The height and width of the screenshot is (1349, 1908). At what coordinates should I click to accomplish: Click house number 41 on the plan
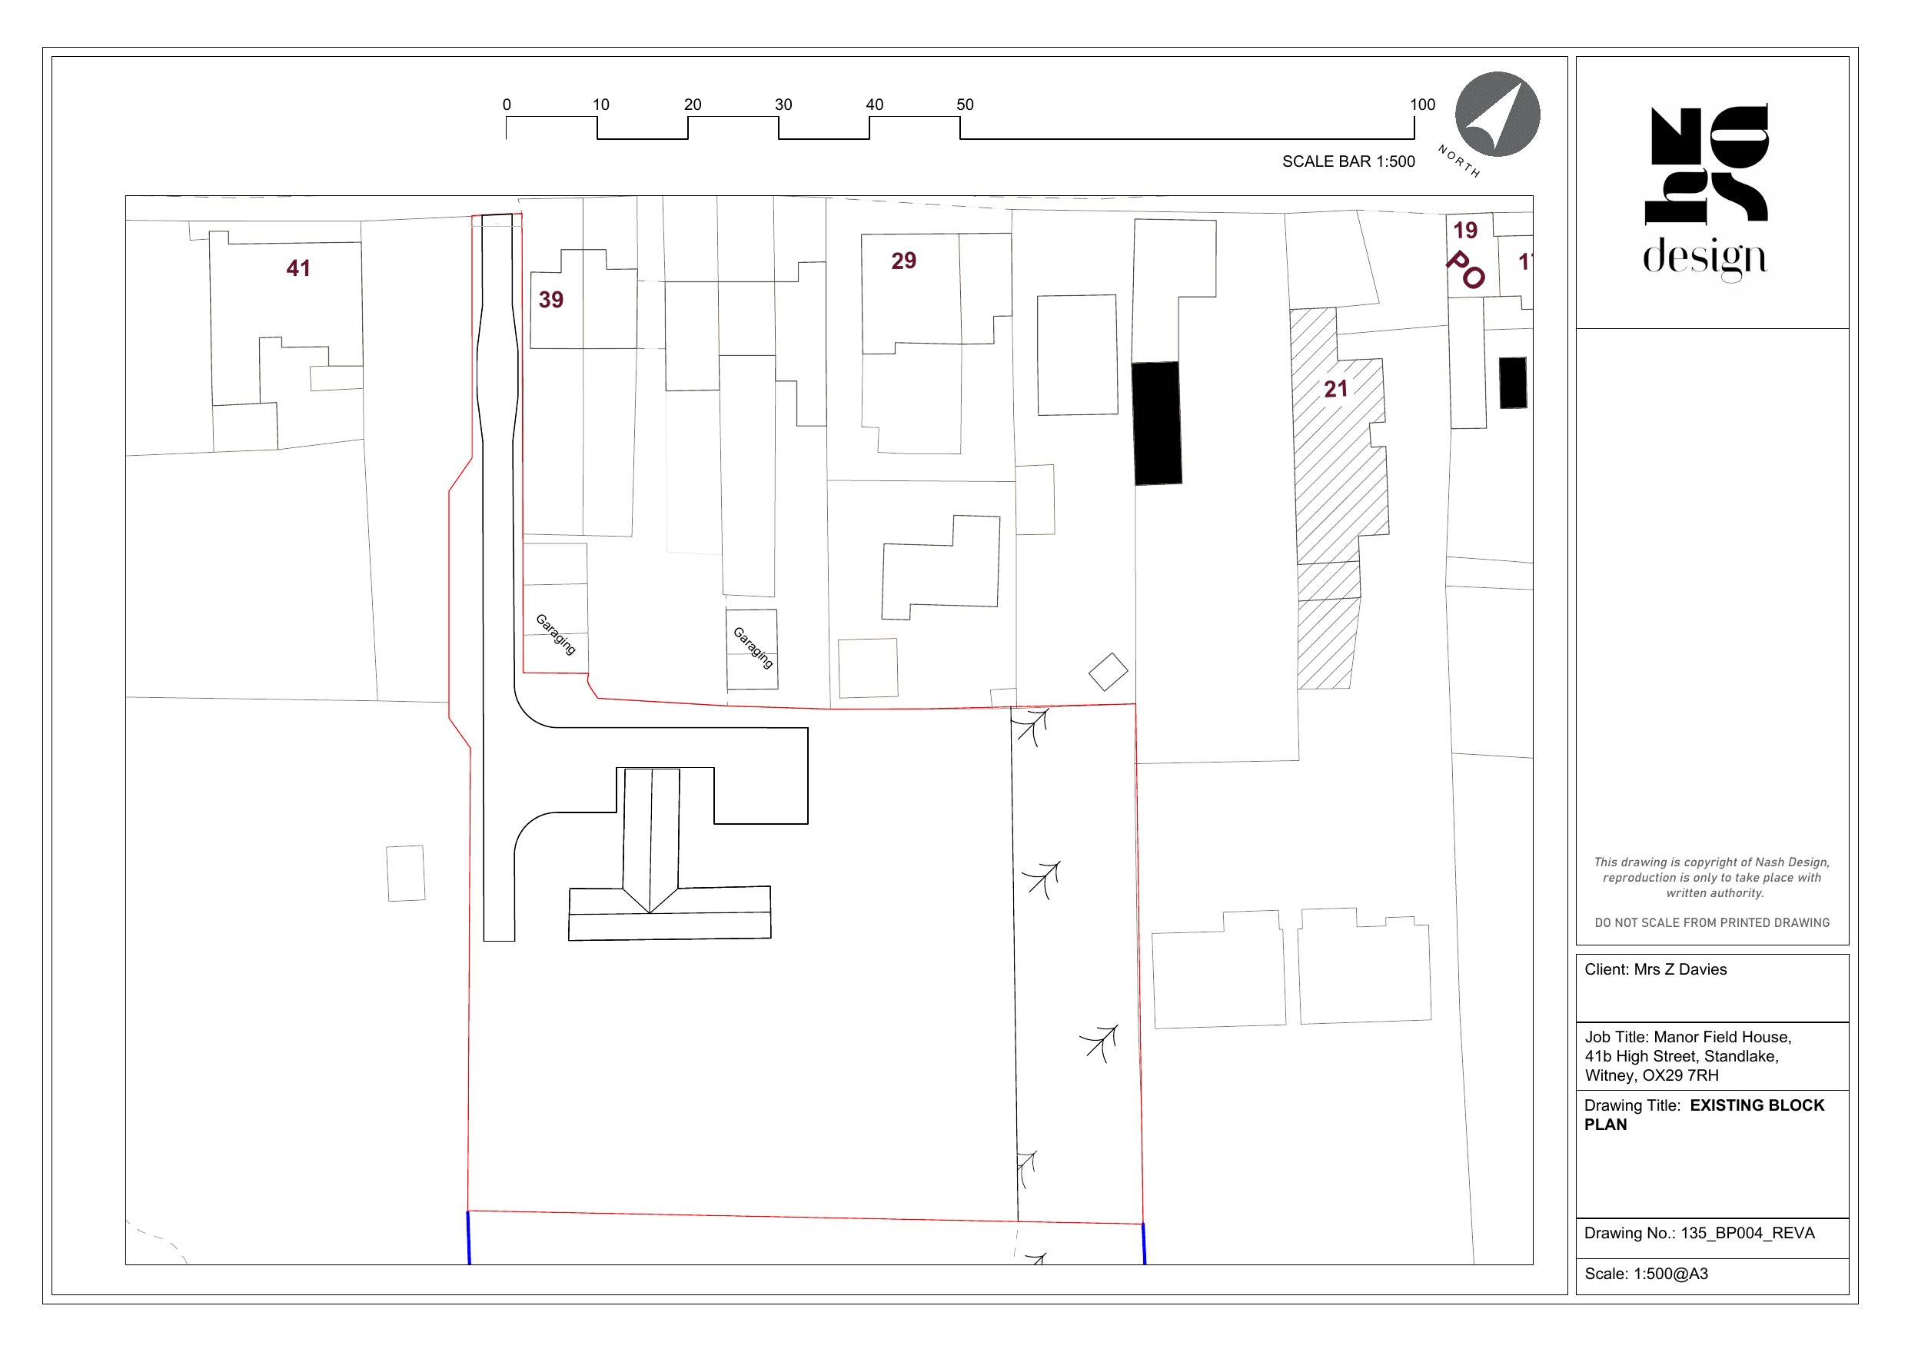point(298,268)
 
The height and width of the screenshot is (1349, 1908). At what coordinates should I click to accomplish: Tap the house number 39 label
point(551,300)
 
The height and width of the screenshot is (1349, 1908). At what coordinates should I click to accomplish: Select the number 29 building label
point(903,261)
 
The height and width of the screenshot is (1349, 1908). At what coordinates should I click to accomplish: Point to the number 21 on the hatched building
point(1335,389)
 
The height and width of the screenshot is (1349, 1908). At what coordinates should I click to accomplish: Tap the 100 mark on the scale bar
point(1422,105)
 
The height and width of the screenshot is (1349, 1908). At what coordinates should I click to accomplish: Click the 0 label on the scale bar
point(507,105)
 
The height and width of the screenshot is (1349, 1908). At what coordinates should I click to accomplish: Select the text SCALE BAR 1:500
point(1348,161)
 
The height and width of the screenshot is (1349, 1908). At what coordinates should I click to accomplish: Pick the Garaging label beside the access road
point(555,634)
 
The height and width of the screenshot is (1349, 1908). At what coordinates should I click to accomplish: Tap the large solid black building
point(1158,423)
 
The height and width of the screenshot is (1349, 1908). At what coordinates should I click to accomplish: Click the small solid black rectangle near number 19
point(1512,383)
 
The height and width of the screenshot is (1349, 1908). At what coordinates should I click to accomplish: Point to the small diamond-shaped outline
point(1108,672)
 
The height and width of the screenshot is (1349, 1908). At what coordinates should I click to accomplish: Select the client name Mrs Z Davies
point(1680,970)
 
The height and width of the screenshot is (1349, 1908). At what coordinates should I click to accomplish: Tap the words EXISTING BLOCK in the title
point(1757,1105)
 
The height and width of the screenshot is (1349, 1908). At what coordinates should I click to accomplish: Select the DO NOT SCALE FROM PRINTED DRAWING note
point(1712,922)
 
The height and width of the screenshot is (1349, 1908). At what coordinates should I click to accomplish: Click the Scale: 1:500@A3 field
point(1645,1274)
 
